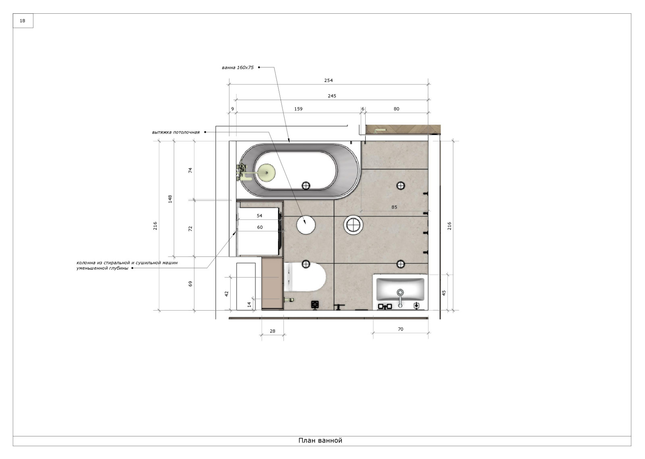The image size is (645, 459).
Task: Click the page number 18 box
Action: (23, 21)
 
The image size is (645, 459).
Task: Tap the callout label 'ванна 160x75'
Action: (237, 67)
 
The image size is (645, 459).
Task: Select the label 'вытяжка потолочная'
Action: (176, 132)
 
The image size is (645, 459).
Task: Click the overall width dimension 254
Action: (329, 80)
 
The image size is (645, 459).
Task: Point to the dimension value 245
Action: (332, 96)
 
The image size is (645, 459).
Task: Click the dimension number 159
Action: (298, 109)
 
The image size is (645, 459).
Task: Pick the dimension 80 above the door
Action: (397, 109)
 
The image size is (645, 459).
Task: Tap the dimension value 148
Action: (170, 199)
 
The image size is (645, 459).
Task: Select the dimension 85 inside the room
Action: (394, 207)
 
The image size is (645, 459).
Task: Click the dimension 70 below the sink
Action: (401, 329)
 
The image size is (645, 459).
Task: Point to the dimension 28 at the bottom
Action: (273, 331)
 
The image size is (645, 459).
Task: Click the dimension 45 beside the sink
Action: (444, 293)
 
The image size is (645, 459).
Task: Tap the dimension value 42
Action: (226, 294)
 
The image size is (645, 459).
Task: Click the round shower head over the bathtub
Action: (266, 173)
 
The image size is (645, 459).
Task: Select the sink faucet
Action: (400, 298)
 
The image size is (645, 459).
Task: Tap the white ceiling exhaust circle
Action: (306, 224)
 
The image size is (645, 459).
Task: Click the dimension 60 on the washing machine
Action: (260, 227)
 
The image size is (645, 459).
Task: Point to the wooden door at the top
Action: (403, 129)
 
